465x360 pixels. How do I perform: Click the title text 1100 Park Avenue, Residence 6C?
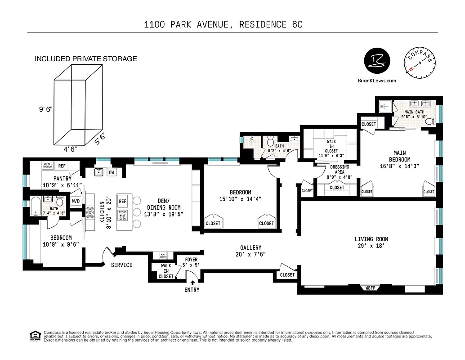(x=223, y=24)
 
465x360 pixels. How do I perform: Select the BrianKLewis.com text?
(x=377, y=81)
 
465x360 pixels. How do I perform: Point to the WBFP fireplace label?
(x=371, y=288)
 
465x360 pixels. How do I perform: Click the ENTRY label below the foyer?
(x=192, y=290)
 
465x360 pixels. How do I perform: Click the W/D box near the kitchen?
(x=76, y=201)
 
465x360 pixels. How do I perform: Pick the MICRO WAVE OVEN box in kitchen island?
(x=122, y=216)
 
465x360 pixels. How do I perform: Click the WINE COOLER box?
(x=160, y=255)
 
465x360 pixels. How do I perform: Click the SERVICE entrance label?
(x=122, y=265)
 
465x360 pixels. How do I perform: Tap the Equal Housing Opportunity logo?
(x=34, y=336)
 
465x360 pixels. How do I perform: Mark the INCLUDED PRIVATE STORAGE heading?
(x=85, y=59)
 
